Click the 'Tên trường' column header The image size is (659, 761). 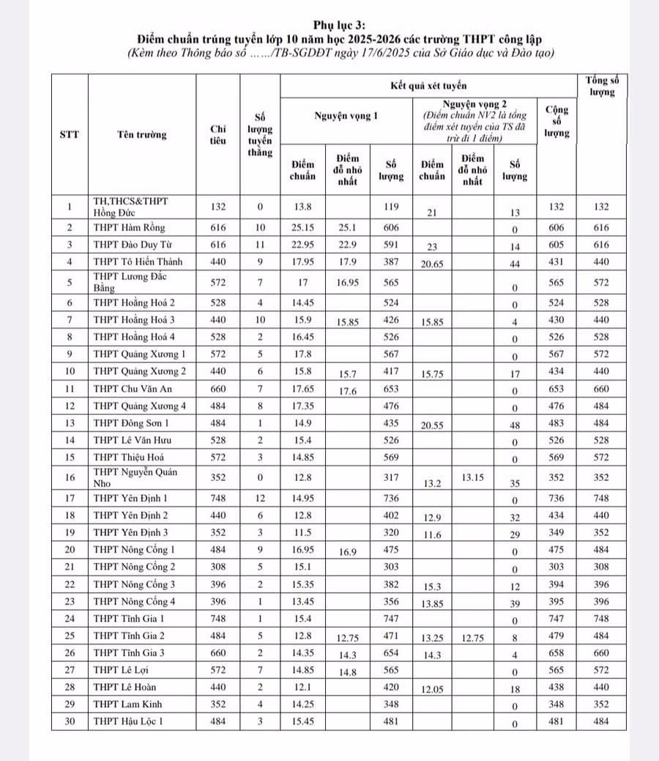point(141,135)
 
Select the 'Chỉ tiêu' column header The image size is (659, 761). point(218,135)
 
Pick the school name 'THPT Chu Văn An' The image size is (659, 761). point(130,389)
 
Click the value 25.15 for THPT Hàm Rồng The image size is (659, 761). point(302,227)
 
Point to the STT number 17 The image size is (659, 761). point(70,498)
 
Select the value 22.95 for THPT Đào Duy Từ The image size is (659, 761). point(302,244)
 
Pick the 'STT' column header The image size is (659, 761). point(70,135)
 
